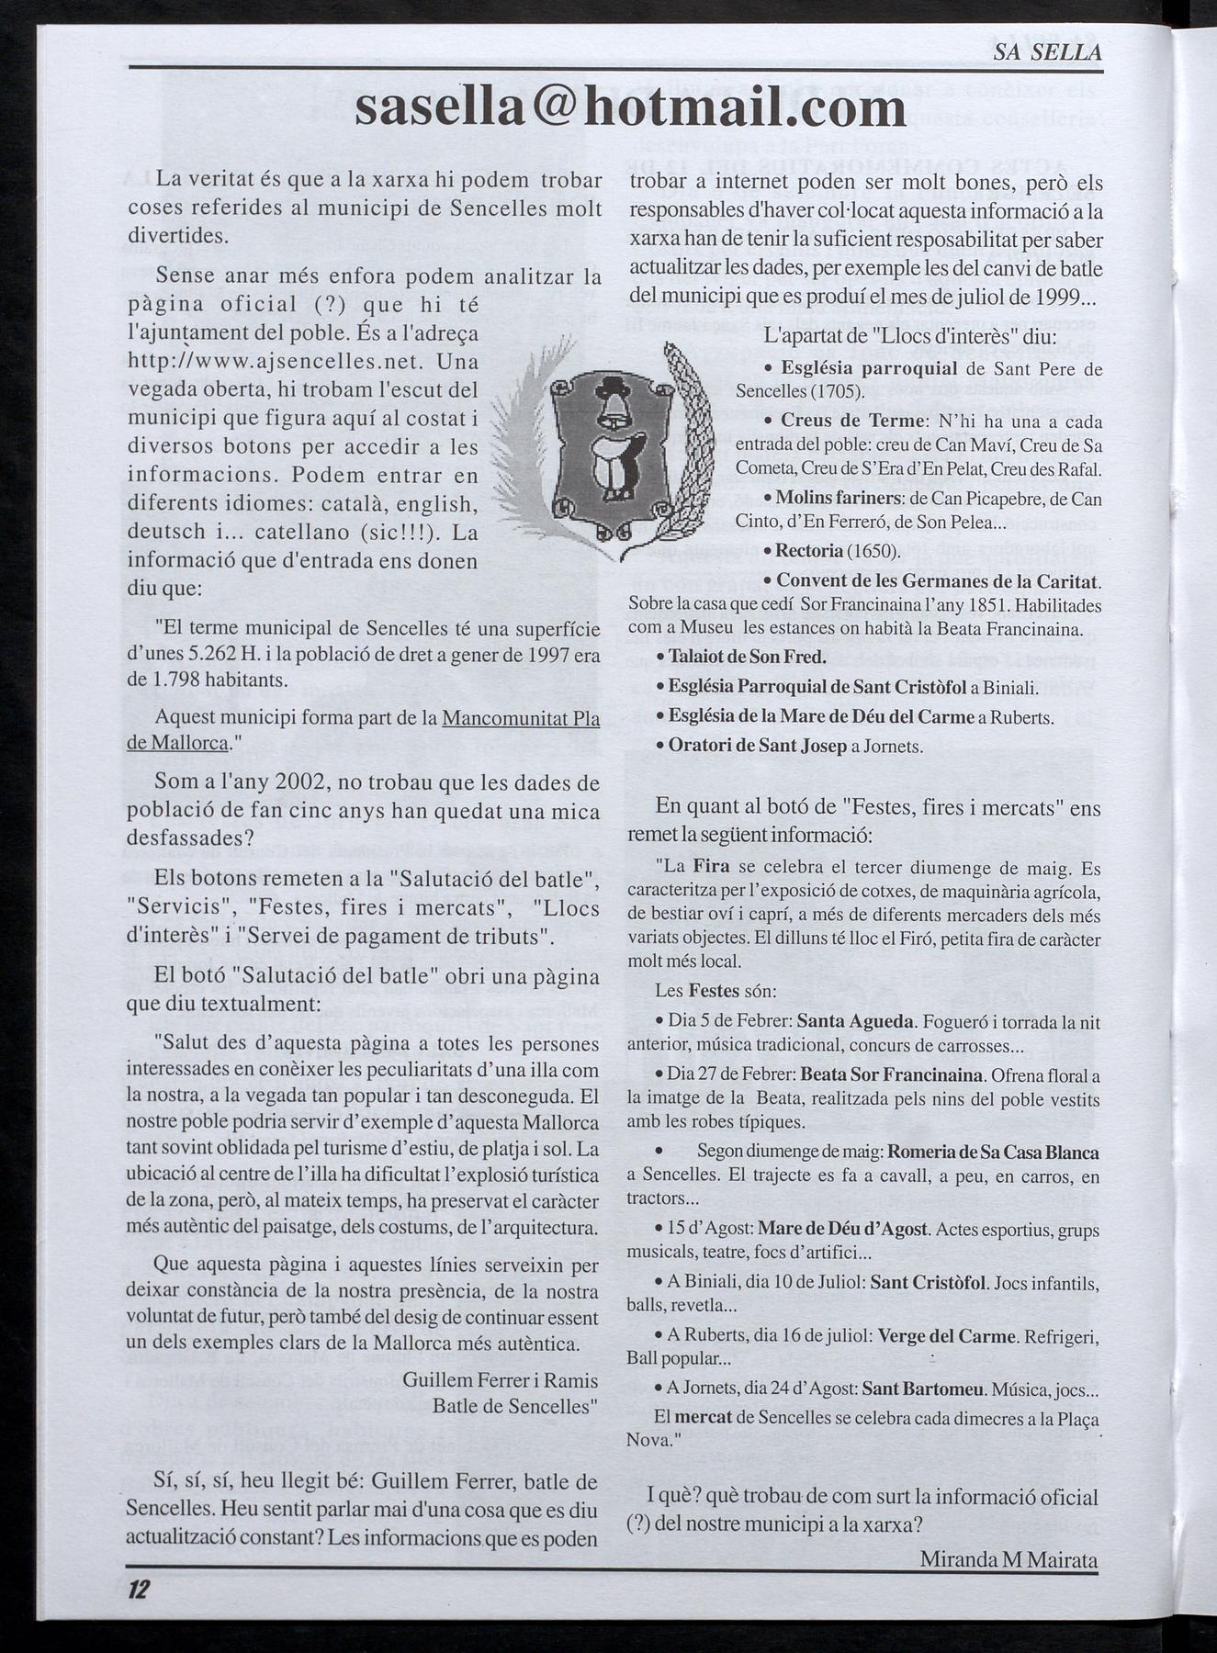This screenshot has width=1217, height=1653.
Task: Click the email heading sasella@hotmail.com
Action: click(x=630, y=108)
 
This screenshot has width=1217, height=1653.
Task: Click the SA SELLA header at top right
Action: click(x=1047, y=52)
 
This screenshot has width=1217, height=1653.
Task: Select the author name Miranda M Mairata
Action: click(x=1008, y=1559)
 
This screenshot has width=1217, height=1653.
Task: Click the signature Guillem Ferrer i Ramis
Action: click(x=500, y=1380)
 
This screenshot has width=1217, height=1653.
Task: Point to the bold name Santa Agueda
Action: click(x=855, y=1021)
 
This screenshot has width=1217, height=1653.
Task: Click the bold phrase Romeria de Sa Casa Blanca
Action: click(x=994, y=1153)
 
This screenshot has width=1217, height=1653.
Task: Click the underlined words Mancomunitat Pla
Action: click(x=521, y=719)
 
